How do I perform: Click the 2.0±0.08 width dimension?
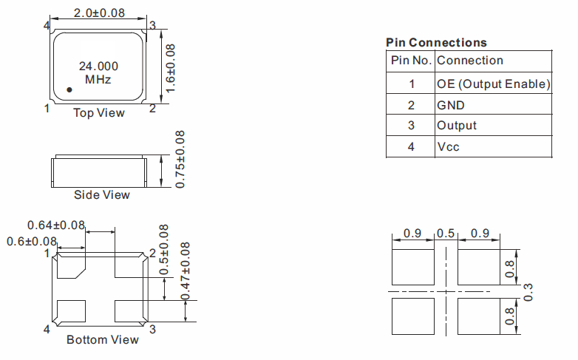99,13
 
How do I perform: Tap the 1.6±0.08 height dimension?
170,68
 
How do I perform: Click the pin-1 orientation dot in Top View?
69,89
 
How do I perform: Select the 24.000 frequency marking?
98,67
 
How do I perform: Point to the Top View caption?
99,113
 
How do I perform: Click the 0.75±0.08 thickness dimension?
180,160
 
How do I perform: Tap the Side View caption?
102,194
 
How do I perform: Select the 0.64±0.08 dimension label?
56,225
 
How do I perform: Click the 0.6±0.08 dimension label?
32,242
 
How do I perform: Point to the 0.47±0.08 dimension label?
186,271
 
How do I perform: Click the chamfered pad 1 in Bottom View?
71,265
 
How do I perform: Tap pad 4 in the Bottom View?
71,311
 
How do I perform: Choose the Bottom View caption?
103,340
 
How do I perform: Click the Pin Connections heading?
436,43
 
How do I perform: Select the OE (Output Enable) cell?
493,84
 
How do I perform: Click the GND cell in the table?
450,106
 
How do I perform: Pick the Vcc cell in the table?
448,147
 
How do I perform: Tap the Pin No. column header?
411,60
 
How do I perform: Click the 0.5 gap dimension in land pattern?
446,234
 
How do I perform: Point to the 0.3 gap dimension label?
528,292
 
